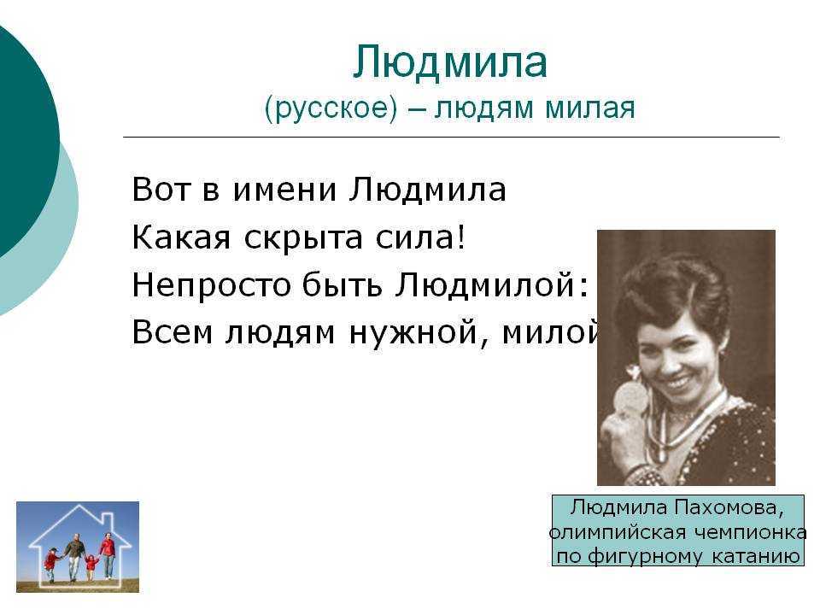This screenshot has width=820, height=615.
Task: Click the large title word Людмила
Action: pos(450,62)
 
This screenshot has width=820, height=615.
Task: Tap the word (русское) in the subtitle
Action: pos(331,108)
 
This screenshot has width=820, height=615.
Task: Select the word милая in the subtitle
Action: pos(590,108)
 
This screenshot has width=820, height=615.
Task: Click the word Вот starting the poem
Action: pos(161,190)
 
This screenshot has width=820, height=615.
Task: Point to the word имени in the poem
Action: pos(284,190)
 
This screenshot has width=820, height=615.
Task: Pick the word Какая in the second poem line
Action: pos(181,238)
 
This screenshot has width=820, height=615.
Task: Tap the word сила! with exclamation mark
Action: pos(420,238)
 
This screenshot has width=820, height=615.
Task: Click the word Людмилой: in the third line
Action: pos(492,285)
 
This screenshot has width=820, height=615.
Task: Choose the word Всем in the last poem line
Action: pos(172,332)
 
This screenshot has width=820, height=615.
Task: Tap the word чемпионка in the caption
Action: pos(751,532)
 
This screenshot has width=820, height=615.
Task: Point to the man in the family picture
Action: pos(76,558)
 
